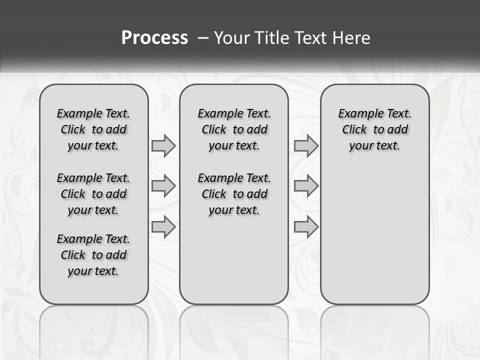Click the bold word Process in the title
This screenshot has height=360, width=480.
(x=154, y=37)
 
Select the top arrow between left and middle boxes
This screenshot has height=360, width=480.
(x=163, y=145)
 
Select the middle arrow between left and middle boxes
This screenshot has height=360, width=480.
(x=163, y=186)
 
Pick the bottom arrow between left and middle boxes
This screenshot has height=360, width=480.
(x=163, y=227)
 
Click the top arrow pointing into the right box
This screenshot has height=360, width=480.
(x=306, y=145)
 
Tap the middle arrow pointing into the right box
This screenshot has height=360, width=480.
(x=306, y=186)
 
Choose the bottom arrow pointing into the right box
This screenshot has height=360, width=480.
(x=306, y=227)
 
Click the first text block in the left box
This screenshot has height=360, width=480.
(x=93, y=129)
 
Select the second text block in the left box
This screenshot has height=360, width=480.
(x=93, y=194)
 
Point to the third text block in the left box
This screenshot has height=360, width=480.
(x=93, y=255)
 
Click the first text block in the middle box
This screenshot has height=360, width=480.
(x=234, y=129)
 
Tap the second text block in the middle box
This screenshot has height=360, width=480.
(x=234, y=194)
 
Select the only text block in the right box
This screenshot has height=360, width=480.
(x=375, y=129)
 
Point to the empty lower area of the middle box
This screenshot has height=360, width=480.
(x=234, y=260)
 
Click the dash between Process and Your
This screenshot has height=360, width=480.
(x=203, y=38)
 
